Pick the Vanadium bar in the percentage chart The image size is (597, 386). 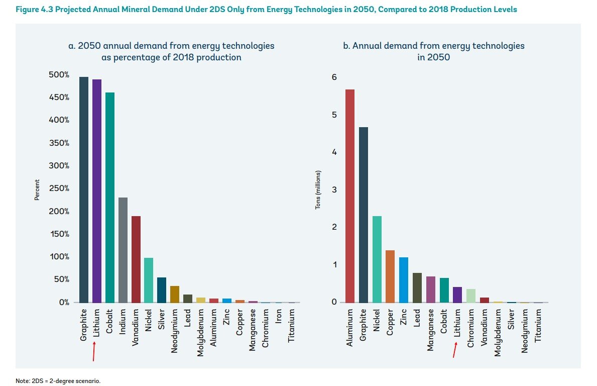[x=136, y=259]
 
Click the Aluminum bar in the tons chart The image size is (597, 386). [x=350, y=196]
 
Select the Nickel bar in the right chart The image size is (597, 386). [x=377, y=259]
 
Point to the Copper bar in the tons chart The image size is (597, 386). [x=390, y=276]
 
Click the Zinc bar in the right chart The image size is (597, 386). [x=404, y=279]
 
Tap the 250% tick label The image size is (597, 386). [x=60, y=188]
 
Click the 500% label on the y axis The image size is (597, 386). [x=60, y=75]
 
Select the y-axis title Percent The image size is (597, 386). [x=37, y=190]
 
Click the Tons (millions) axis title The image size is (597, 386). [x=317, y=190]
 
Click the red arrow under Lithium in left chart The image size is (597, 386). [x=94, y=352]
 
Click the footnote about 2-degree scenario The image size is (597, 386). [x=58, y=380]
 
